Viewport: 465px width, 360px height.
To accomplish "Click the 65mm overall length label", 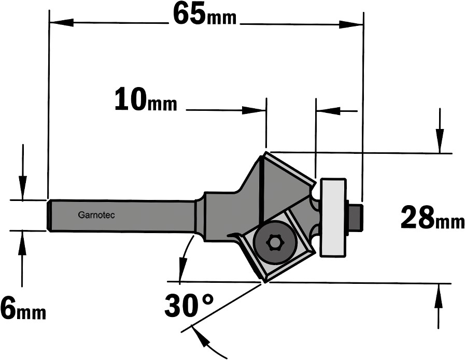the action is [205, 14].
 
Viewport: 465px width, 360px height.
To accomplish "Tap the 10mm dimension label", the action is [146, 99].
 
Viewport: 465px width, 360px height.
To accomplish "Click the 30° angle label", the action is [189, 305].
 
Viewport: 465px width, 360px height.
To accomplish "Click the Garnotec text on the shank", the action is [96, 215].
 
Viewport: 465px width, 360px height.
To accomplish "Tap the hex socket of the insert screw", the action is [274, 242].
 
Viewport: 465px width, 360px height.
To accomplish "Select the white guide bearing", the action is [333, 217].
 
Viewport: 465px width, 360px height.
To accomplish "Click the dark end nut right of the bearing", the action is [356, 217].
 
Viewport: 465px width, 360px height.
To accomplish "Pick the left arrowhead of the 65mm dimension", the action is [61, 22].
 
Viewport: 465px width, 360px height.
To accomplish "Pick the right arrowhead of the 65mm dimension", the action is [351, 24].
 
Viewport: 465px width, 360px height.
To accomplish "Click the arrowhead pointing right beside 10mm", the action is [254, 110].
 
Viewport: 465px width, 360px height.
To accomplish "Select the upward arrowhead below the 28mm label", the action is [439, 295].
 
